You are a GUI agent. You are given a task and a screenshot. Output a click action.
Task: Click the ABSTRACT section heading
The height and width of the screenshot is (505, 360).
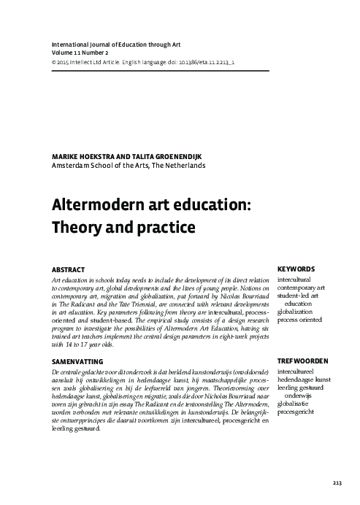pyautogui.click(x=66, y=269)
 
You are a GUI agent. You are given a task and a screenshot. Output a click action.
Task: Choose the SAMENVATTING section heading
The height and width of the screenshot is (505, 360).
pyautogui.click(x=77, y=361)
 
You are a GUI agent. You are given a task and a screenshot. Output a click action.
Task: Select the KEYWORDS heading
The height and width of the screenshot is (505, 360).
pyautogui.click(x=296, y=269)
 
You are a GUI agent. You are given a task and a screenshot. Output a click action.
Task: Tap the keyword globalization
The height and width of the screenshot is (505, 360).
pyautogui.click(x=300, y=311)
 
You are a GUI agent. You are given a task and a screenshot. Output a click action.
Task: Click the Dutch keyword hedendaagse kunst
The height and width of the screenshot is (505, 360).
pyautogui.click(x=309, y=382)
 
